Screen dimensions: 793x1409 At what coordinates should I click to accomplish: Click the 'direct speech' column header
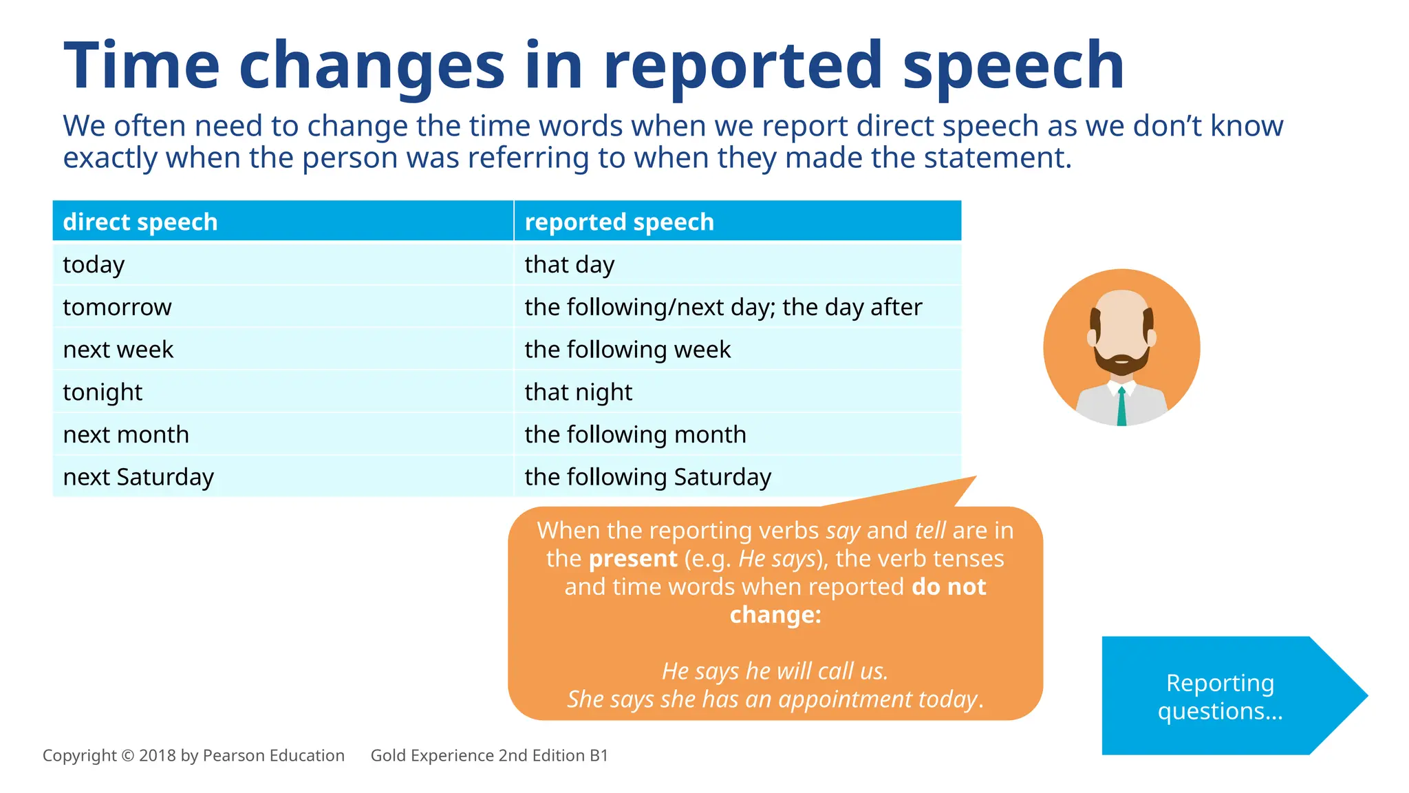pyautogui.click(x=140, y=222)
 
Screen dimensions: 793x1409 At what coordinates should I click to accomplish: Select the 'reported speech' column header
pyautogui.click(x=619, y=222)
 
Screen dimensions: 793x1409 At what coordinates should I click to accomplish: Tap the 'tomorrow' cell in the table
pyautogui.click(x=117, y=307)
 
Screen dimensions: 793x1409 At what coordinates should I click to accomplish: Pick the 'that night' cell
pyautogui.click(x=578, y=392)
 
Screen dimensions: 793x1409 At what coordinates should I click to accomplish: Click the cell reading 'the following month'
pyautogui.click(x=635, y=435)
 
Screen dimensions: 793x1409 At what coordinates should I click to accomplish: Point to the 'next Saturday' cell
pyautogui.click(x=138, y=477)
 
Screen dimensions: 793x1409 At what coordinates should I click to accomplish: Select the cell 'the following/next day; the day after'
pyautogui.click(x=723, y=307)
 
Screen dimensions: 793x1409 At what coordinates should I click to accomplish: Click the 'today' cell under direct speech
pyautogui.click(x=94, y=265)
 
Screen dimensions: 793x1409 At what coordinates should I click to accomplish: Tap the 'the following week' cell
pyautogui.click(x=627, y=350)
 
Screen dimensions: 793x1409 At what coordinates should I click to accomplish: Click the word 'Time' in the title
pyautogui.click(x=142, y=66)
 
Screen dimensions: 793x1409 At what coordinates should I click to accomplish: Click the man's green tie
pyautogui.click(x=1121, y=407)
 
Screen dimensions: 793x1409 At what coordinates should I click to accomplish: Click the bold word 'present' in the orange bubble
pyautogui.click(x=633, y=558)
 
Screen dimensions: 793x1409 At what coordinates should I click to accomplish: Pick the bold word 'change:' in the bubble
pyautogui.click(x=775, y=615)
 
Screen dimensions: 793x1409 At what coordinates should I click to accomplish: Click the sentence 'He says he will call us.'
pyautogui.click(x=775, y=671)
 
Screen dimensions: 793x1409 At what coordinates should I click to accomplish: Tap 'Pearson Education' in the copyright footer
pyautogui.click(x=273, y=756)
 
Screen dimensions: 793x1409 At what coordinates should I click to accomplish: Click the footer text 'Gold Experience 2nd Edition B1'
pyautogui.click(x=489, y=756)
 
